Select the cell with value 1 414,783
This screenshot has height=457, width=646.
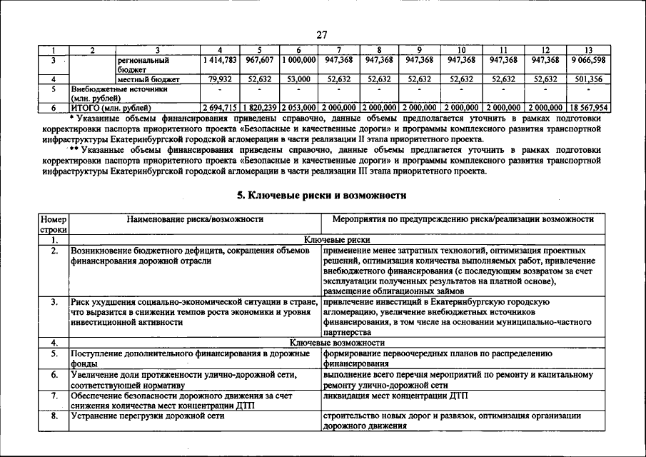click(219, 61)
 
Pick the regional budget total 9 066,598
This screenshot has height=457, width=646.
click(588, 61)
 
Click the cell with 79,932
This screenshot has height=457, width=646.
click(219, 79)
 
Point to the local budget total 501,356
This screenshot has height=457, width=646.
click(588, 79)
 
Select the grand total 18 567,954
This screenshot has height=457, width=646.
click(588, 107)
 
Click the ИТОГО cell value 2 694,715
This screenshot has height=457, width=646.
click(219, 107)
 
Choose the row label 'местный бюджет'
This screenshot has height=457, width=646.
click(148, 79)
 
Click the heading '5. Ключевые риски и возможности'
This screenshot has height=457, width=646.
click(322, 195)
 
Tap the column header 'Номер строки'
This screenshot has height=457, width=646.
click(54, 224)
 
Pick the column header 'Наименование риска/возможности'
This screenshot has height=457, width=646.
click(194, 219)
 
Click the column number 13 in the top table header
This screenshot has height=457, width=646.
click(588, 50)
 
